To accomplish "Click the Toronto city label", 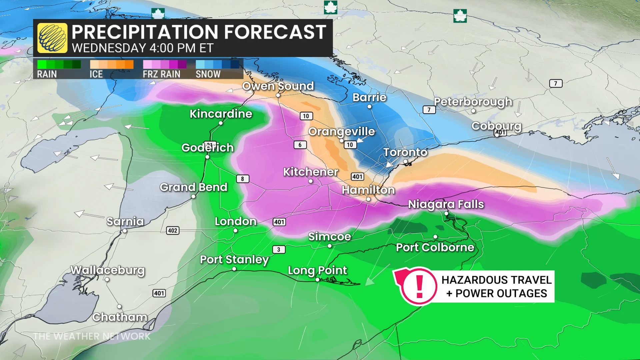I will pos(405,152).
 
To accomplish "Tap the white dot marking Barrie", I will pos(369,107).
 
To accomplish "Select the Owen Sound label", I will pos(278,86).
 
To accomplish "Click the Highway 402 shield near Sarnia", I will pos(173,231).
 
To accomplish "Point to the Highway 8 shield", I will pos(242,179).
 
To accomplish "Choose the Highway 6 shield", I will pos(300,145).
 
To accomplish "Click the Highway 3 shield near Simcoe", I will pos(279,249).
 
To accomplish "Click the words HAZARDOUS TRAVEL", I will pos(496,280).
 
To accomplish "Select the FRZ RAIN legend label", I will pos(162,74).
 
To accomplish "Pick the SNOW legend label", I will pos(208,74).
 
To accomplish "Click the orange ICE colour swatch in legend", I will pos(112,64).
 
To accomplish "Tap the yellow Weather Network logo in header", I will pos(52,38).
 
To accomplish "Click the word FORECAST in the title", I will pos(275,32).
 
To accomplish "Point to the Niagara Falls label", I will pos(446,204).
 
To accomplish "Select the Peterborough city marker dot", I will pos(473,111).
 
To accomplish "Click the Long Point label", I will pos(317,270).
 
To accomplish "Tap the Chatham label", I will pos(120,317).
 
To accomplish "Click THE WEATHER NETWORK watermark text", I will pos(92,336).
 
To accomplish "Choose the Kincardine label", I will pos(221,114).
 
